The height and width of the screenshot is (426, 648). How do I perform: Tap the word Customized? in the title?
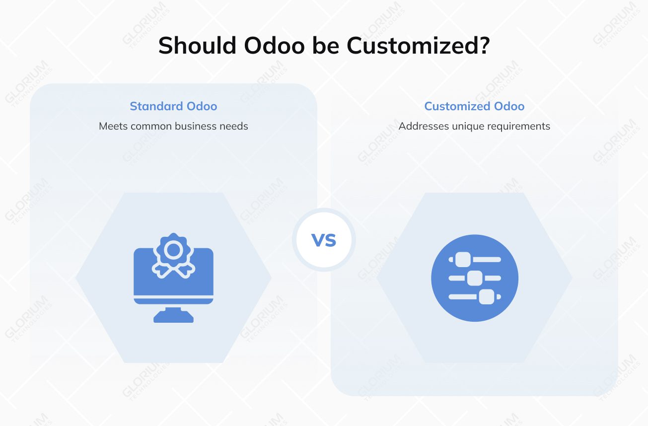click(419, 46)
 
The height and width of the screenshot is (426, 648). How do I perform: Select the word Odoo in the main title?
click(275, 46)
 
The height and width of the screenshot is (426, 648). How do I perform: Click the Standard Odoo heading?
click(173, 106)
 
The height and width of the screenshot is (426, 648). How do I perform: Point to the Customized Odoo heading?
click(474, 106)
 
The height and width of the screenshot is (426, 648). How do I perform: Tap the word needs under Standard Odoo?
click(234, 126)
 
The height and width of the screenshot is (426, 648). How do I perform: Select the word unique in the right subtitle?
click(468, 126)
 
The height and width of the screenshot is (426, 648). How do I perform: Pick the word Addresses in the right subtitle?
click(424, 126)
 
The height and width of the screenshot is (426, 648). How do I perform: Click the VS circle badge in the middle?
click(324, 240)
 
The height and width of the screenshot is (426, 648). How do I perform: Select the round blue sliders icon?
click(474, 278)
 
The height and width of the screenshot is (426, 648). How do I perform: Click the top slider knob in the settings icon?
click(463, 259)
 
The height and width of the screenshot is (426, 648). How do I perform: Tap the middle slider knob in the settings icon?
click(475, 278)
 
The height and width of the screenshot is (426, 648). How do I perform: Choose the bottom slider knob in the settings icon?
click(486, 296)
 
